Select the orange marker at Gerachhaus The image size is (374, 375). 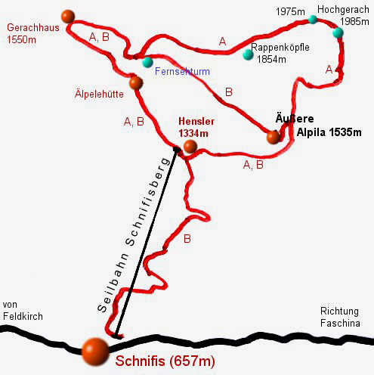click(68, 16)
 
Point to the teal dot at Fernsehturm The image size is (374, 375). click(147, 62)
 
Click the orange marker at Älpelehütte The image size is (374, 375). click(136, 82)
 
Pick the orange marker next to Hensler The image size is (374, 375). click(190, 146)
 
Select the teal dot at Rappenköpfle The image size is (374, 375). click(246, 54)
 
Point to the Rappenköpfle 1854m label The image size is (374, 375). click(280, 50)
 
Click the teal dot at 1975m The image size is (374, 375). click(313, 19)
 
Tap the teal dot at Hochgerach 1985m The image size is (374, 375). click(338, 33)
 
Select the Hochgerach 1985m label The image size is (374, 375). click(343, 16)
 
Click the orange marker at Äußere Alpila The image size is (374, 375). click(273, 137)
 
